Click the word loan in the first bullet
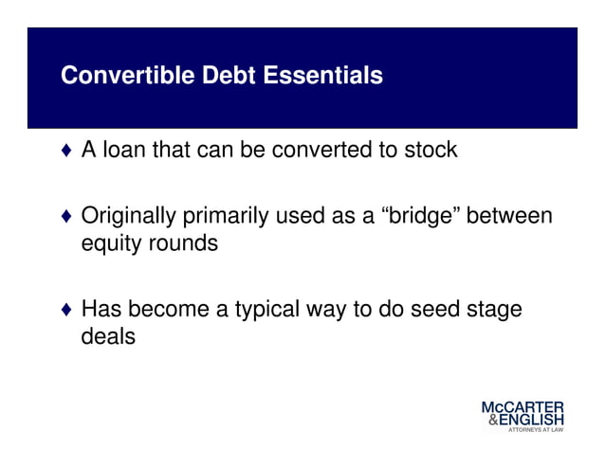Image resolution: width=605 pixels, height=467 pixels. click(x=128, y=150)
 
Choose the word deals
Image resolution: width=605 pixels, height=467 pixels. click(x=107, y=336)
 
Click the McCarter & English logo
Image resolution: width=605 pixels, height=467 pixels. click(x=522, y=416)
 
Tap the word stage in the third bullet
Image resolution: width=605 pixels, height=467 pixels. click(x=495, y=311)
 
